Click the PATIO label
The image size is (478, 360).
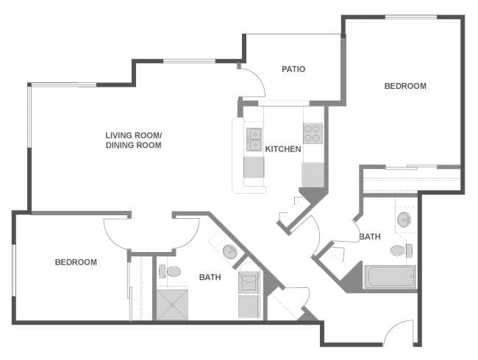click(293, 69)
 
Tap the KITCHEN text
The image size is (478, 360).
click(283, 149)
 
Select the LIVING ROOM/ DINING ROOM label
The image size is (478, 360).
click(133, 140)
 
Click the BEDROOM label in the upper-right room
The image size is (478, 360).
click(405, 86)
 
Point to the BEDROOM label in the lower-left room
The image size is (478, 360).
click(76, 262)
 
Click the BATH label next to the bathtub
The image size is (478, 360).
click(370, 237)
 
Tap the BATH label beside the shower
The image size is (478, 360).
click(210, 277)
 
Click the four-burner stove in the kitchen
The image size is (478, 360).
click(313, 133)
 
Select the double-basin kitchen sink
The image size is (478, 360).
click(254, 139)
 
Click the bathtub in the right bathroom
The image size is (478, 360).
click(390, 277)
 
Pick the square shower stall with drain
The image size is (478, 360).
click(173, 303)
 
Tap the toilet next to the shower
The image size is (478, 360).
click(172, 271)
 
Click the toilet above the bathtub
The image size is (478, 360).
click(399, 251)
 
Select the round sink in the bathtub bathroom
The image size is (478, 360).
click(404, 219)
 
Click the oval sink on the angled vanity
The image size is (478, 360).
click(230, 251)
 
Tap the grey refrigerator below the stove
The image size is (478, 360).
click(313, 175)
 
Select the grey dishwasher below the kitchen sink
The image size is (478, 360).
click(254, 168)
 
